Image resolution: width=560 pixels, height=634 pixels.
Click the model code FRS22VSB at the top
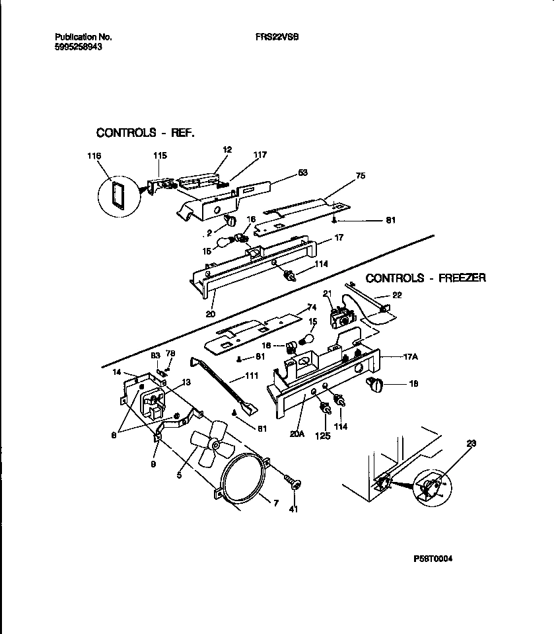pos(277,38)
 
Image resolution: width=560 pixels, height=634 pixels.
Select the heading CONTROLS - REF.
pos(145,133)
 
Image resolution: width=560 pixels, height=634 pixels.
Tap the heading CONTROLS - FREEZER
pos(425,278)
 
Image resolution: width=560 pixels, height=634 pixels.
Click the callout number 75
pos(360,176)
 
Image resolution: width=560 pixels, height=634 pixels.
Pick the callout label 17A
pos(409,358)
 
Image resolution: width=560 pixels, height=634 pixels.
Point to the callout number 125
pos(323,436)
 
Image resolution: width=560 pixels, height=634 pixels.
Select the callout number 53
pos(302,173)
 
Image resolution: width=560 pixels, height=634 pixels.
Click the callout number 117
pos(260,155)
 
